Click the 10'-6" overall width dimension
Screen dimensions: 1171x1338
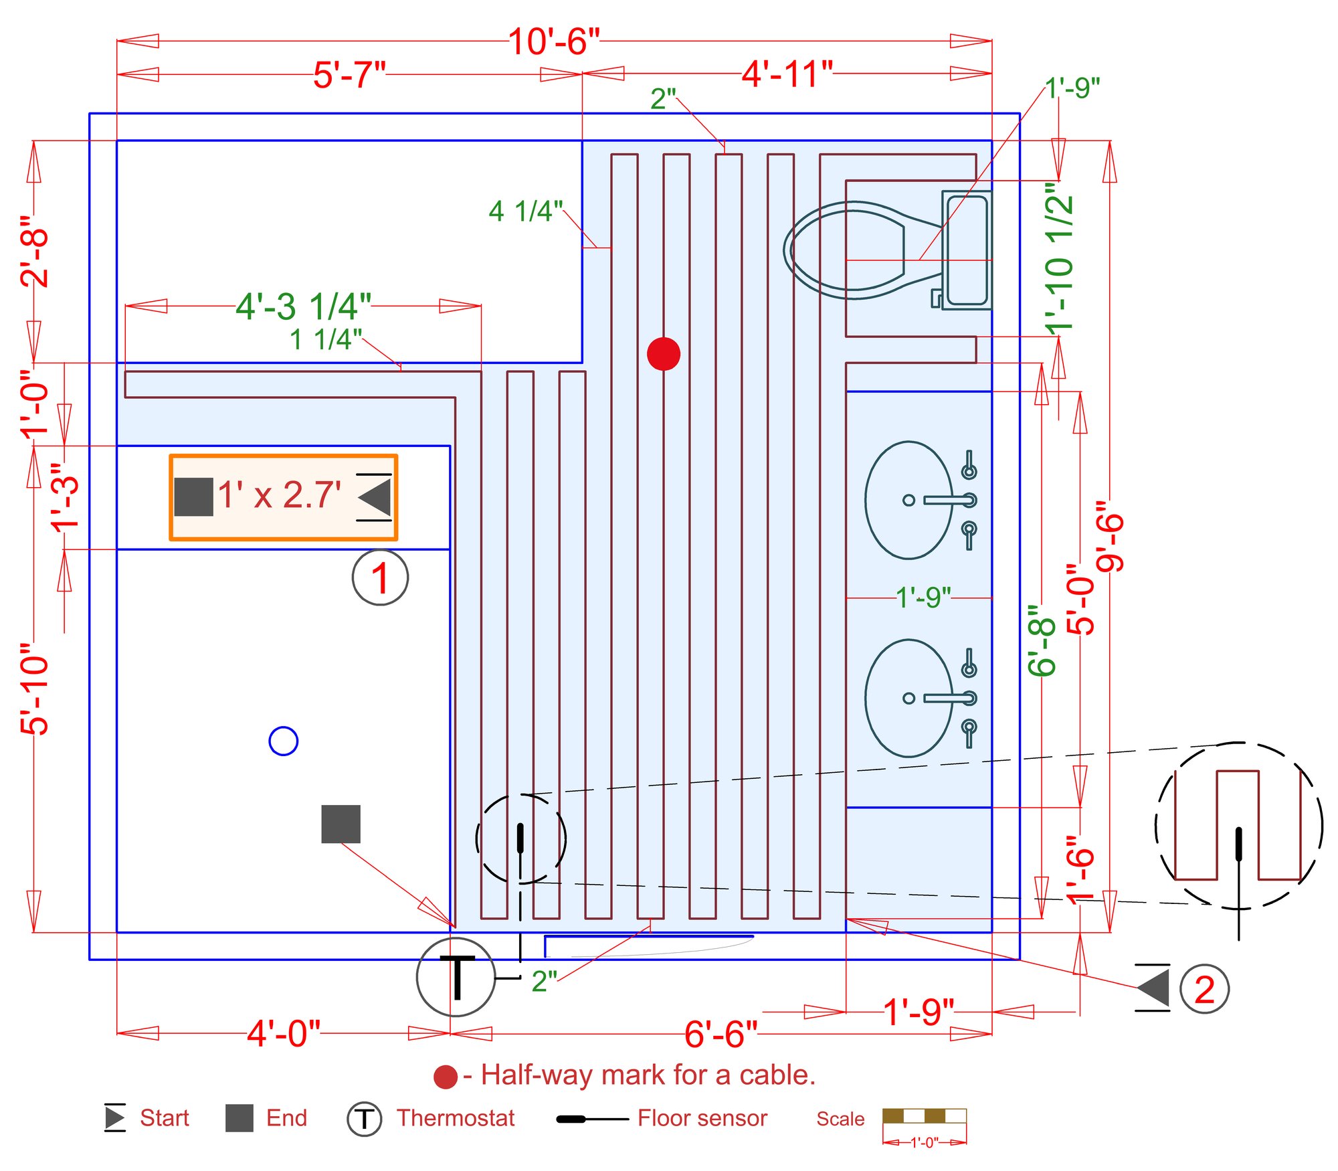pyautogui.click(x=553, y=41)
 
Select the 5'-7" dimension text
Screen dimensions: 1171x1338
pyautogui.click(x=349, y=74)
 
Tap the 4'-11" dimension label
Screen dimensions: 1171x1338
pyautogui.click(x=787, y=74)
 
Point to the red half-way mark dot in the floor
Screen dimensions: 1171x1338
pyautogui.click(x=663, y=353)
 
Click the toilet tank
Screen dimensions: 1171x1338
pyautogui.click(x=966, y=250)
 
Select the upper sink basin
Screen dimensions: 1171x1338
pyautogui.click(x=908, y=500)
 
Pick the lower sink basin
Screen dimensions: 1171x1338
pyautogui.click(x=908, y=698)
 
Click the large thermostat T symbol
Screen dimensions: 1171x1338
pyautogui.click(x=456, y=977)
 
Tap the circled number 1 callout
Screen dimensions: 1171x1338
pyautogui.click(x=380, y=577)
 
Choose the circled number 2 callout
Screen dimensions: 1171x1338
pyautogui.click(x=1204, y=989)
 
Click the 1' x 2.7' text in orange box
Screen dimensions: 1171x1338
pyautogui.click(x=279, y=495)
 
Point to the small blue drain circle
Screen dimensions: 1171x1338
pyautogui.click(x=283, y=741)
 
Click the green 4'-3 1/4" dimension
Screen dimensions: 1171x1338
pyautogui.click(x=303, y=306)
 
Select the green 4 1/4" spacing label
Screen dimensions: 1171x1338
pyautogui.click(x=525, y=211)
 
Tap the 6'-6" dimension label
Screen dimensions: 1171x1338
pyautogui.click(x=721, y=1034)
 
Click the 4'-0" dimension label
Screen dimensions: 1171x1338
pyautogui.click(x=284, y=1033)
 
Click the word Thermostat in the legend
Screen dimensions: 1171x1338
pyautogui.click(x=456, y=1118)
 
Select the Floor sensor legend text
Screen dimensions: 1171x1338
pyautogui.click(x=702, y=1118)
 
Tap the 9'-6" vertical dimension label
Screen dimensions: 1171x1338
pyautogui.click(x=1109, y=535)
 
